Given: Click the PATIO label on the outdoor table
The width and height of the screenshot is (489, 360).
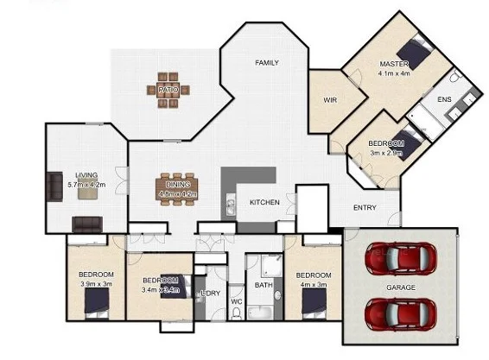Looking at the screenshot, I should [x=168, y=89].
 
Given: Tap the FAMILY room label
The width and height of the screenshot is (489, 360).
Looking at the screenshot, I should [x=266, y=63].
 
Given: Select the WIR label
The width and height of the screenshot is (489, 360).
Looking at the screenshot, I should [x=330, y=100].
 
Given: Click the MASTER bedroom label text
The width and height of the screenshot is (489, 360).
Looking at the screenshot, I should [x=393, y=65].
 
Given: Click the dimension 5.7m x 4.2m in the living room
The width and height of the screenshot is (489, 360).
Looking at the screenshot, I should [x=86, y=184].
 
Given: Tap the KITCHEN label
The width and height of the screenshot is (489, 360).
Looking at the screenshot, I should [x=264, y=201].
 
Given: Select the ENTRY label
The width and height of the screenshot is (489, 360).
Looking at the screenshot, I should [x=365, y=207].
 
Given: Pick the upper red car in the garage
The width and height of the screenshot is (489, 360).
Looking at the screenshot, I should [x=400, y=257].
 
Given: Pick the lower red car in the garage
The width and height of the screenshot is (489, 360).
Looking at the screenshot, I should [x=400, y=313].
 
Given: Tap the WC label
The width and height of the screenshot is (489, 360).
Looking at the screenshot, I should [x=236, y=301].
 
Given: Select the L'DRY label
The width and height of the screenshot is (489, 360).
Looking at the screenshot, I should [x=210, y=294].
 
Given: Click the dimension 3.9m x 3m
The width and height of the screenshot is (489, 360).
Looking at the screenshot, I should [x=96, y=284].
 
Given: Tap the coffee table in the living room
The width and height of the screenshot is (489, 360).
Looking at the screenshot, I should [x=86, y=193].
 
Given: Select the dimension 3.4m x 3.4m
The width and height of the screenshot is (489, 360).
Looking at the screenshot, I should [x=160, y=289].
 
